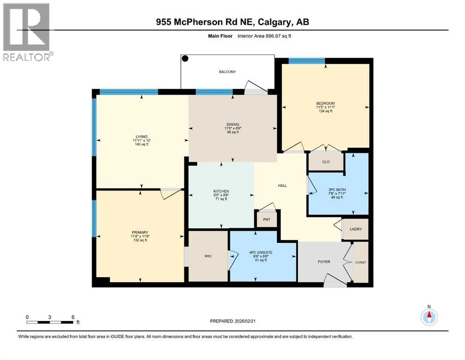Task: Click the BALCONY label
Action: [228, 72]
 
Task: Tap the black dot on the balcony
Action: [185, 59]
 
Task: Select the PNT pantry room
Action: [266, 218]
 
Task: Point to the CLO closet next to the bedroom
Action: [326, 162]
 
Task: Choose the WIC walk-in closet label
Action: [208, 256]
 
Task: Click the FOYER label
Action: [324, 262]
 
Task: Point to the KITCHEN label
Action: [221, 191]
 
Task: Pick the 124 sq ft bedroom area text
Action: [325, 111]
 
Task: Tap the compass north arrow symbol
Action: [429, 317]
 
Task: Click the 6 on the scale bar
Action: [73, 316]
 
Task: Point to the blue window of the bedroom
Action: [307, 60]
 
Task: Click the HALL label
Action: [282, 185]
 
